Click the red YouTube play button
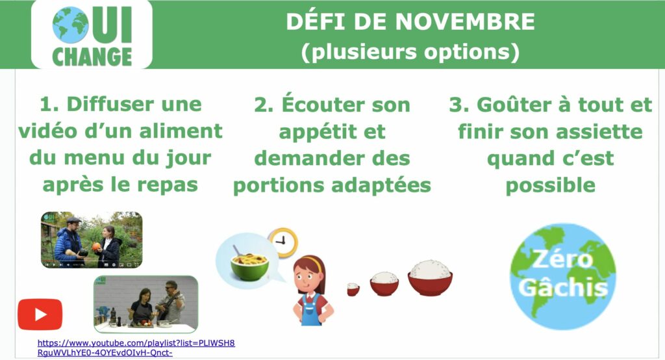coord(40,314)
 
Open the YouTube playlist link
coord(136,348)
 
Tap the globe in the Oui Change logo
coord(70,25)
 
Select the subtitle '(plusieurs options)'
coord(410,52)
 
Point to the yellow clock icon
coord(282,242)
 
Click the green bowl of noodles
coord(249,263)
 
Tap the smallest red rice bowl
coord(353,289)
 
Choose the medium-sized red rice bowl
coord(384,283)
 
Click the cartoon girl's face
coord(307,277)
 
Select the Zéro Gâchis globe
coord(562,276)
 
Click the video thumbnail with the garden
coord(92,240)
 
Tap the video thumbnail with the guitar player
coord(145,304)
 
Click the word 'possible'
coord(551,185)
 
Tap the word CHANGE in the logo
coord(92,57)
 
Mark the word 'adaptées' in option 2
coord(381,185)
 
